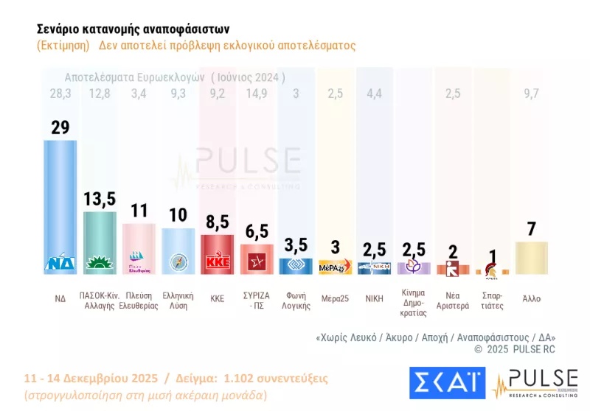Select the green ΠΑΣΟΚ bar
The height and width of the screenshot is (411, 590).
[100, 239]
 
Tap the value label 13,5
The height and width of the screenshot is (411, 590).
[100, 200]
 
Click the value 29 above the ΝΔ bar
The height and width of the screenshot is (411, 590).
[60, 127]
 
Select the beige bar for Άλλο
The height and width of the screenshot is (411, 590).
[532, 258]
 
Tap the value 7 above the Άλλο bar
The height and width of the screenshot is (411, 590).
[532, 228]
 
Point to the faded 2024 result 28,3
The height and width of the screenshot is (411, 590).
[60, 93]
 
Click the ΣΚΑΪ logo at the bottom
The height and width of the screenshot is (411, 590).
[447, 384]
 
